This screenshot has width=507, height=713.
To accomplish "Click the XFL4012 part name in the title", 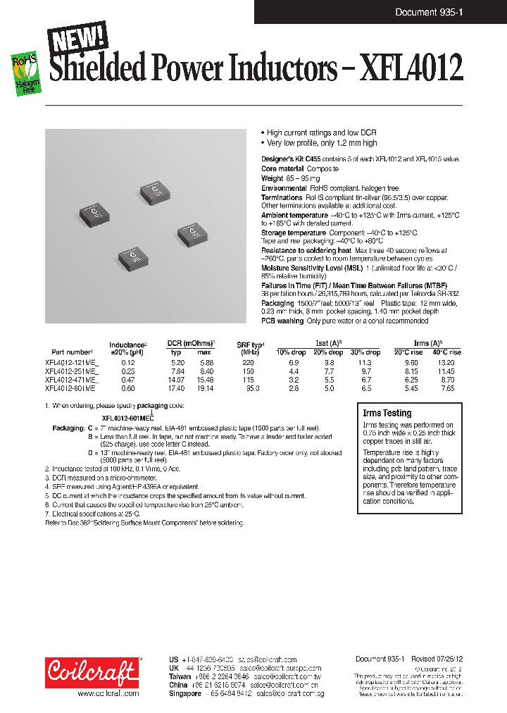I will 411,70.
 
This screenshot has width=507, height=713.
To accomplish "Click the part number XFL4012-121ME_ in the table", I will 72,361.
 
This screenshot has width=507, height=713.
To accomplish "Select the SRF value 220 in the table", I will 248,361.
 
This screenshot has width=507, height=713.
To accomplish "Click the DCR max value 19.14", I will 204,387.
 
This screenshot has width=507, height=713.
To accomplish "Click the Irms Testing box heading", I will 387,413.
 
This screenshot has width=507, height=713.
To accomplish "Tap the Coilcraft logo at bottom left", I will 92,672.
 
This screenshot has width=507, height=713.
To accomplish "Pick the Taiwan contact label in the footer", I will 180,675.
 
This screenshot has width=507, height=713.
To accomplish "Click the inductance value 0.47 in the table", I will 127,379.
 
